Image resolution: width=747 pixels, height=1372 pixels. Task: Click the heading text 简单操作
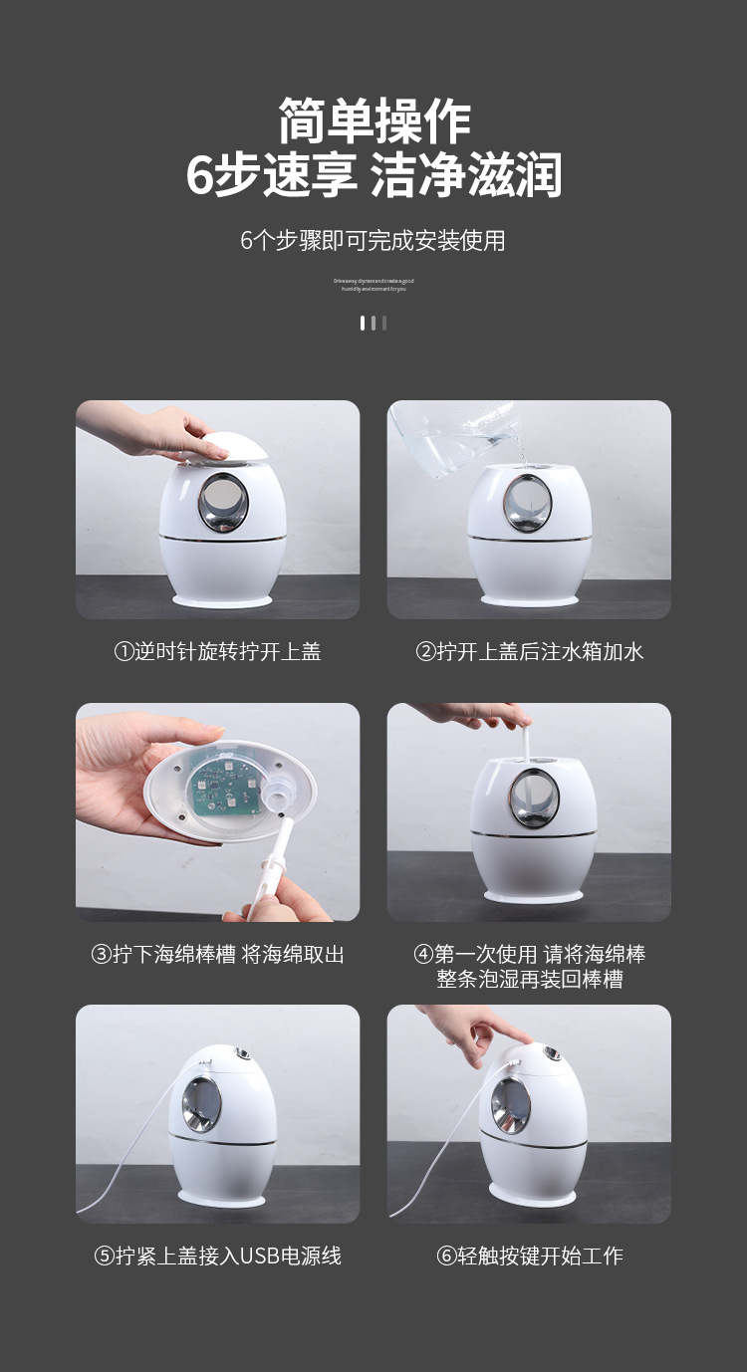373,122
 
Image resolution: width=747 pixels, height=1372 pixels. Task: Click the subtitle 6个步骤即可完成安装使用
373,241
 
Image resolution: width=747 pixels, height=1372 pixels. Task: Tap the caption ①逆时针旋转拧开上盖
217,652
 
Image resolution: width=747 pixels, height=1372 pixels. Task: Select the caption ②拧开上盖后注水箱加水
529,652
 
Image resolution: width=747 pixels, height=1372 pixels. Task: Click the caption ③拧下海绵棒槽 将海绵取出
217,954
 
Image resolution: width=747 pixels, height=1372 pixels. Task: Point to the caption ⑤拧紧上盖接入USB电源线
217,1257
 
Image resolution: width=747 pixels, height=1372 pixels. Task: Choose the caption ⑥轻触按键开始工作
529,1257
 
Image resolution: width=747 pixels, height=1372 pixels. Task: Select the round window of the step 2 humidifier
528,503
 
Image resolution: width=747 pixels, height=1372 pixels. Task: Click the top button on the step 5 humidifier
241,1052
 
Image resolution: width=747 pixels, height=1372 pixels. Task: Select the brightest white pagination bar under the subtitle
363,323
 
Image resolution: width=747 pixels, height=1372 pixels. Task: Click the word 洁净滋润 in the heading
466,177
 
